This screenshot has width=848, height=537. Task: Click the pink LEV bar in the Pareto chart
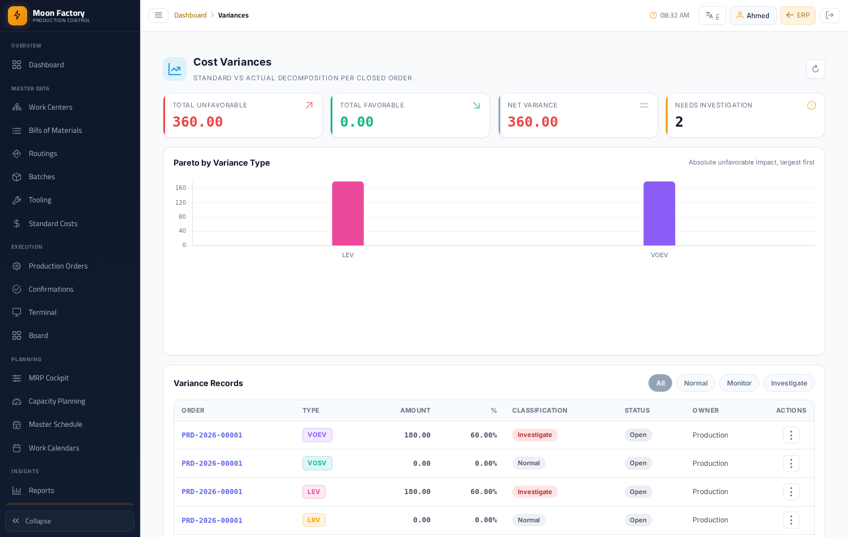pyautogui.click(x=348, y=214)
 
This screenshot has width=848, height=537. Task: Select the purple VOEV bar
pyautogui.click(x=659, y=214)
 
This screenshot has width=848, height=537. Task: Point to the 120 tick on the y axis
pyautogui.click(x=180, y=202)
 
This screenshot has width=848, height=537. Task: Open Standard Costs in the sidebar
pyautogui.click(x=53, y=224)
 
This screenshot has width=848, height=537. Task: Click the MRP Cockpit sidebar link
pyautogui.click(x=49, y=378)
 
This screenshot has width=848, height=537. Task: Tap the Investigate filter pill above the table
pyautogui.click(x=789, y=383)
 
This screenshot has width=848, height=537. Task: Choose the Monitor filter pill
pyautogui.click(x=739, y=383)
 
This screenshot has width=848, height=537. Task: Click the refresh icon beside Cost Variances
pyautogui.click(x=815, y=69)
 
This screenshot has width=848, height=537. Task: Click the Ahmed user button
pyautogui.click(x=752, y=15)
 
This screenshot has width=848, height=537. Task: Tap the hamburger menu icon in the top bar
pyautogui.click(x=158, y=15)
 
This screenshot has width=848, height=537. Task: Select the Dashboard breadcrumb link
pyautogui.click(x=190, y=15)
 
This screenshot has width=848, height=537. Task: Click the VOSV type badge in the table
pyautogui.click(x=317, y=463)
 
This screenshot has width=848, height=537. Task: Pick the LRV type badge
pyautogui.click(x=313, y=520)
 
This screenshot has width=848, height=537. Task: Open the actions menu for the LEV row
pyautogui.click(x=791, y=492)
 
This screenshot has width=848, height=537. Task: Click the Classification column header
pyautogui.click(x=539, y=410)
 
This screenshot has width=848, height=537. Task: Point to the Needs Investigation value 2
pyautogui.click(x=679, y=122)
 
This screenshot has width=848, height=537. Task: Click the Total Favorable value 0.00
pyautogui.click(x=357, y=122)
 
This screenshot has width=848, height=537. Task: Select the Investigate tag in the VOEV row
pyautogui.click(x=535, y=435)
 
